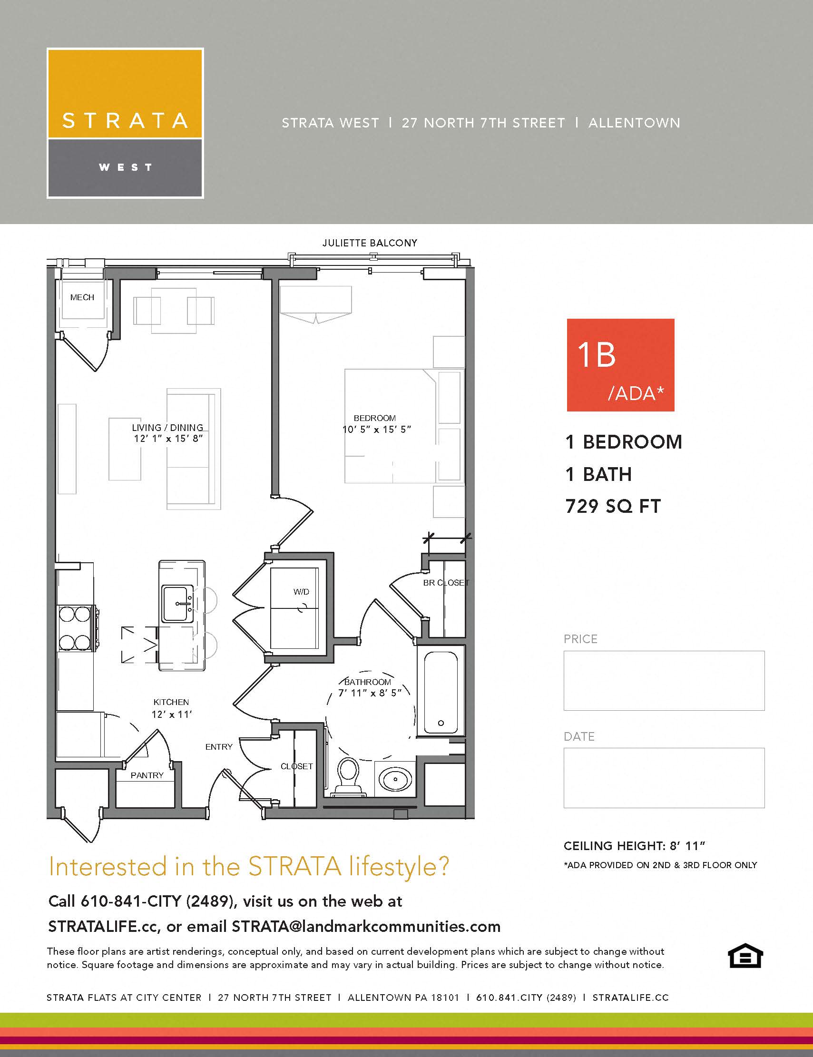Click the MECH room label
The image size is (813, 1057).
point(82,297)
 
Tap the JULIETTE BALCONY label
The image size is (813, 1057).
point(370,243)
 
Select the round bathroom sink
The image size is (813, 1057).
point(395,779)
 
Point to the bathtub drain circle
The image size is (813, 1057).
point(441,723)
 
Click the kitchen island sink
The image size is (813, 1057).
point(177,604)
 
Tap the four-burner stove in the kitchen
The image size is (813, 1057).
point(76,628)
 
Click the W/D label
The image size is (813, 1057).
point(301,591)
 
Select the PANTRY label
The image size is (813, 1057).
point(147,775)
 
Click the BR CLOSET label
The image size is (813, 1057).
point(446,583)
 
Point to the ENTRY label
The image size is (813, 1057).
point(219,747)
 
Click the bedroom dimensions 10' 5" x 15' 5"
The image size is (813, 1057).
point(376,429)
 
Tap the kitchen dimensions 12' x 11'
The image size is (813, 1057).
point(171,714)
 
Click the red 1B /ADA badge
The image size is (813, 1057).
point(620,365)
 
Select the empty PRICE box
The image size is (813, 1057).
point(664,680)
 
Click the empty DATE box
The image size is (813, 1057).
point(664,778)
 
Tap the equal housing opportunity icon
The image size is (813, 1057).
point(745,956)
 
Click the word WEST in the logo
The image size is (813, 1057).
point(125,167)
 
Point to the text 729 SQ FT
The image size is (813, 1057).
point(613,506)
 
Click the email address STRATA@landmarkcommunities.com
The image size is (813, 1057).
point(366,926)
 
